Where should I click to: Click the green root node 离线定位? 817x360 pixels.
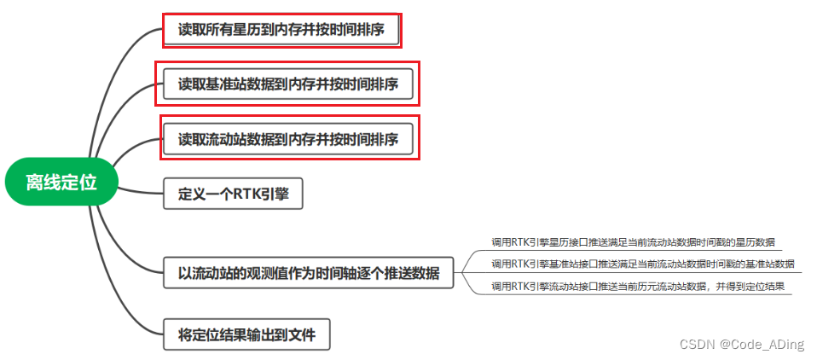tap(60, 182)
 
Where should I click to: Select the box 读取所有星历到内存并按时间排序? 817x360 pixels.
tap(281, 31)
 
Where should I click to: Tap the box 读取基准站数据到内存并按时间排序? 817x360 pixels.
tap(287, 84)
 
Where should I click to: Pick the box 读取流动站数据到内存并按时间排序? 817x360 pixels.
tap(288, 138)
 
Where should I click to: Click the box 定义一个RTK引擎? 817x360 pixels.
tap(233, 194)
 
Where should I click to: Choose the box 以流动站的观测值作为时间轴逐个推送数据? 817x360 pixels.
tap(309, 273)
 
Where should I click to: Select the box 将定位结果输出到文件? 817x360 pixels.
tap(246, 334)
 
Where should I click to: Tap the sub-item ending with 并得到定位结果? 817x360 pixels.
tap(638, 286)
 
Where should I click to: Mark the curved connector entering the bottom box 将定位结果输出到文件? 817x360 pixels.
tap(128, 307)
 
